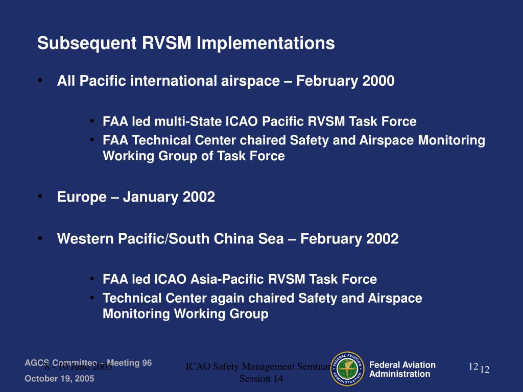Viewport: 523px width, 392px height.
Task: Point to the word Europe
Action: (x=82, y=197)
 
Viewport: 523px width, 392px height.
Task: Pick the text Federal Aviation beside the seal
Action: (x=402, y=364)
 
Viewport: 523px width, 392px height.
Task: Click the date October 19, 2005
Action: (x=59, y=379)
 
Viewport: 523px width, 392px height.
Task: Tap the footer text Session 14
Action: (x=261, y=379)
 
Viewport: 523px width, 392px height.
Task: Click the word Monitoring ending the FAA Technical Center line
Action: (x=451, y=140)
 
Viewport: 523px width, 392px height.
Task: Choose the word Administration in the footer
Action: (x=399, y=374)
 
